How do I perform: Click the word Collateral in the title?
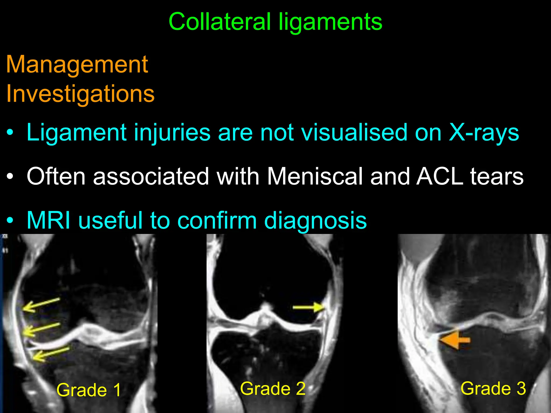tap(220, 22)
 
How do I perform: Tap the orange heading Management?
tap(77, 65)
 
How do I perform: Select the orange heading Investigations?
tap(80, 94)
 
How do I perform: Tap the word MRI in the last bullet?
tap(49, 220)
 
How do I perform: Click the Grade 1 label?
tap(89, 390)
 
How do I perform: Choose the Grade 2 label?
tap(273, 389)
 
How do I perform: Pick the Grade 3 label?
tap(493, 388)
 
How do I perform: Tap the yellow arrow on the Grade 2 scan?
tap(308, 307)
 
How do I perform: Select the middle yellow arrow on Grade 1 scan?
tap(41, 330)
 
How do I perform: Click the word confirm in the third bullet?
tap(217, 220)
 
